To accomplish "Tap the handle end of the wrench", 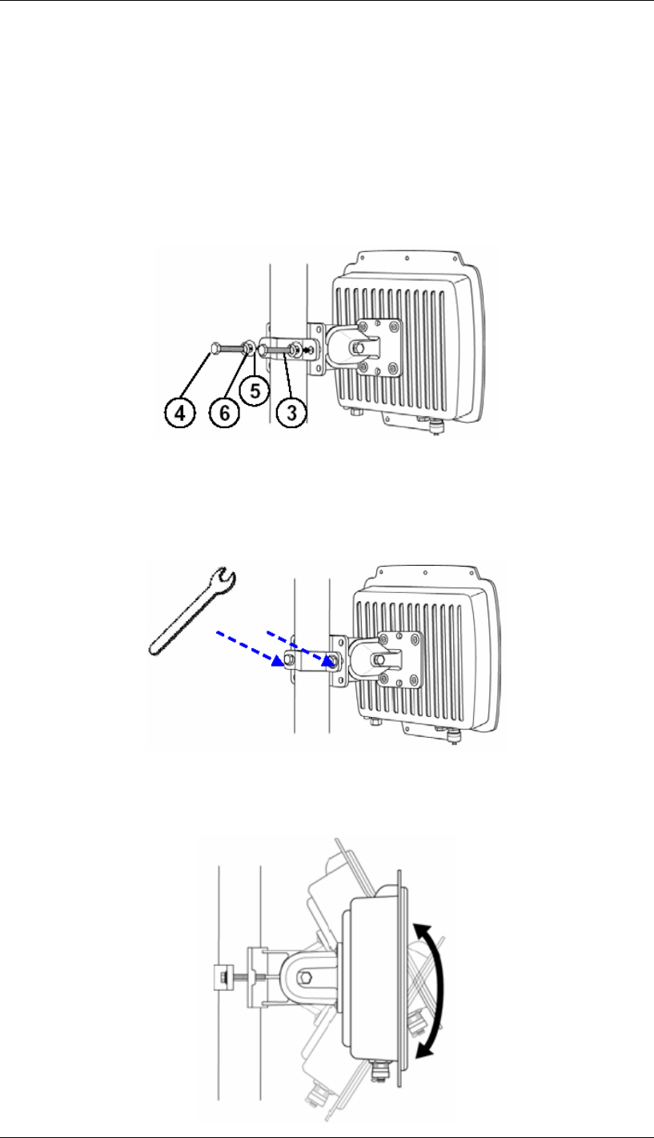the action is [x=156, y=647].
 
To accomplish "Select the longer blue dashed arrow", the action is [x=250, y=649].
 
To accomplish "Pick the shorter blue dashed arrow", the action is [x=300, y=647].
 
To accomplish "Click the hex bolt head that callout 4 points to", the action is [x=215, y=348].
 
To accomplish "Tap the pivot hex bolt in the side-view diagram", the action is [x=306, y=977].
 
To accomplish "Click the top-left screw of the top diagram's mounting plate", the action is [x=364, y=326].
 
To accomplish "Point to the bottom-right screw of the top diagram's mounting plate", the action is [x=392, y=367].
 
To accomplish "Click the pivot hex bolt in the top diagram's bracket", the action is [x=357, y=348].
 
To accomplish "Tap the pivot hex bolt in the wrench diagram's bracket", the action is [x=378, y=660].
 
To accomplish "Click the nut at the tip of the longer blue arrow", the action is [x=289, y=659].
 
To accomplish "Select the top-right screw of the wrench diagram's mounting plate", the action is [x=415, y=639].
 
